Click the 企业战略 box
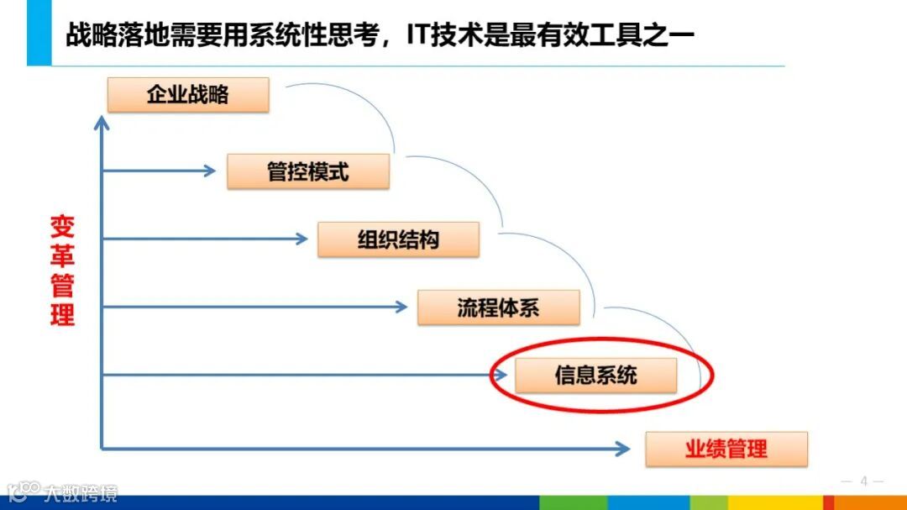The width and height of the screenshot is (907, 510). click(x=188, y=95)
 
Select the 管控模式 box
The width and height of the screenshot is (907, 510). click(x=308, y=172)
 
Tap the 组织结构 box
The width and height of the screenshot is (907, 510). click(x=398, y=239)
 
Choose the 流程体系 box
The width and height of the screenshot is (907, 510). click(x=498, y=308)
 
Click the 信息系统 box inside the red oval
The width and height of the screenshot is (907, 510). click(x=595, y=376)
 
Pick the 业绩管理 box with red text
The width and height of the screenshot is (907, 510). click(x=726, y=449)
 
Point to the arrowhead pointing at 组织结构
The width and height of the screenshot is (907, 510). click(x=302, y=239)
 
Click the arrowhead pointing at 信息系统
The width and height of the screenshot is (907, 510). click(x=501, y=375)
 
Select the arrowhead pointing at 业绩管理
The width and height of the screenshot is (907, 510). click(x=622, y=449)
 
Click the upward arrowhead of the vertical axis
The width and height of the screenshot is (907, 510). click(x=102, y=123)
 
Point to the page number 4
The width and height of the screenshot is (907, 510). click(x=862, y=481)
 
